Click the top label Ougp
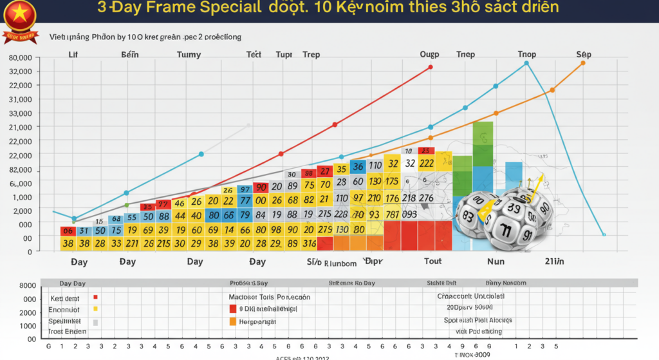click(429, 55)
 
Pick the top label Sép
click(584, 55)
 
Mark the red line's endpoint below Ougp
click(430, 67)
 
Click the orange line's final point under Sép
click(583, 62)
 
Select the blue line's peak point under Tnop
click(526, 63)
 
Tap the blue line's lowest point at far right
click(604, 234)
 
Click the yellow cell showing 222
click(426, 163)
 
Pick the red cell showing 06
click(68, 231)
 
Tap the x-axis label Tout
click(432, 261)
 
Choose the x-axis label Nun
click(496, 261)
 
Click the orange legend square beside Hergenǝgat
click(232, 321)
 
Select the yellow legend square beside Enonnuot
click(96, 309)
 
